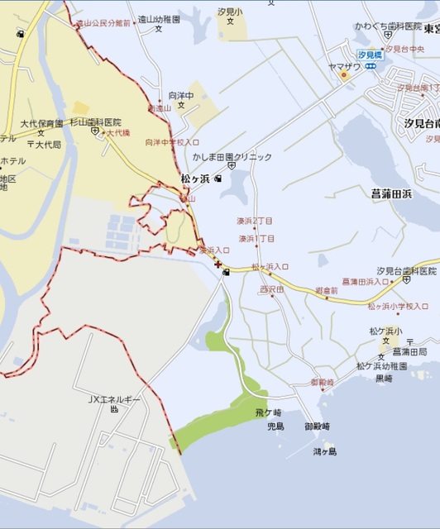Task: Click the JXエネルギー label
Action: click(115, 399)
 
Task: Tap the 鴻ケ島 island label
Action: click(325, 451)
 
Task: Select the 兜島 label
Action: click(275, 427)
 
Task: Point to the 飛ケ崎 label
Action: click(269, 412)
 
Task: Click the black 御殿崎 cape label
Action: click(316, 427)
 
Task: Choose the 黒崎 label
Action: click(384, 379)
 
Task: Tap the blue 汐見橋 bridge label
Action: click(370, 55)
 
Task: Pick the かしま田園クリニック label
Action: click(232, 157)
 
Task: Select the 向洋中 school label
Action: click(181, 95)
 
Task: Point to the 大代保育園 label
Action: click(41, 123)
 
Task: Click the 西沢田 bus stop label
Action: click(271, 290)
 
